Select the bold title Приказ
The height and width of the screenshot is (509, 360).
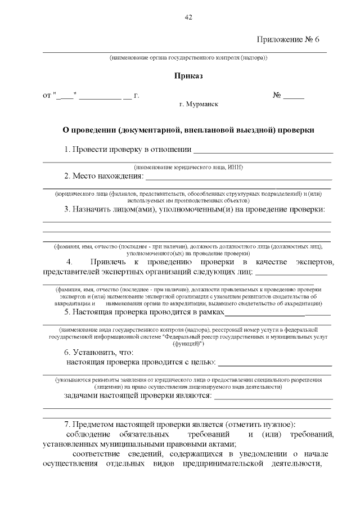(188, 75)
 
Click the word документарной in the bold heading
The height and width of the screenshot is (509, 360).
(151, 129)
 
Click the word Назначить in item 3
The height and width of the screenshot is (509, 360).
(106, 210)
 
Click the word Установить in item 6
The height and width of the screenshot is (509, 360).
(94, 352)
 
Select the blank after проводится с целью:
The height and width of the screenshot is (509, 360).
(275, 363)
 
